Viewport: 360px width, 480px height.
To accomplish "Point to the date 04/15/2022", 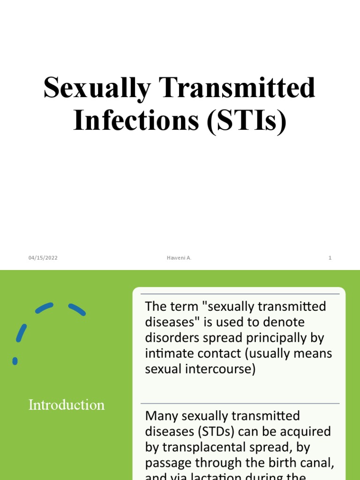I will [x=43, y=258].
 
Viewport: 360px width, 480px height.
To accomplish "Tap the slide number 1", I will [x=330, y=258].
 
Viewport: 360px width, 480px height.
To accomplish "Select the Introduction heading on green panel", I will [x=67, y=405].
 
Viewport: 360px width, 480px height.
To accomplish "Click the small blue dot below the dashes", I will [x=15, y=361].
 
